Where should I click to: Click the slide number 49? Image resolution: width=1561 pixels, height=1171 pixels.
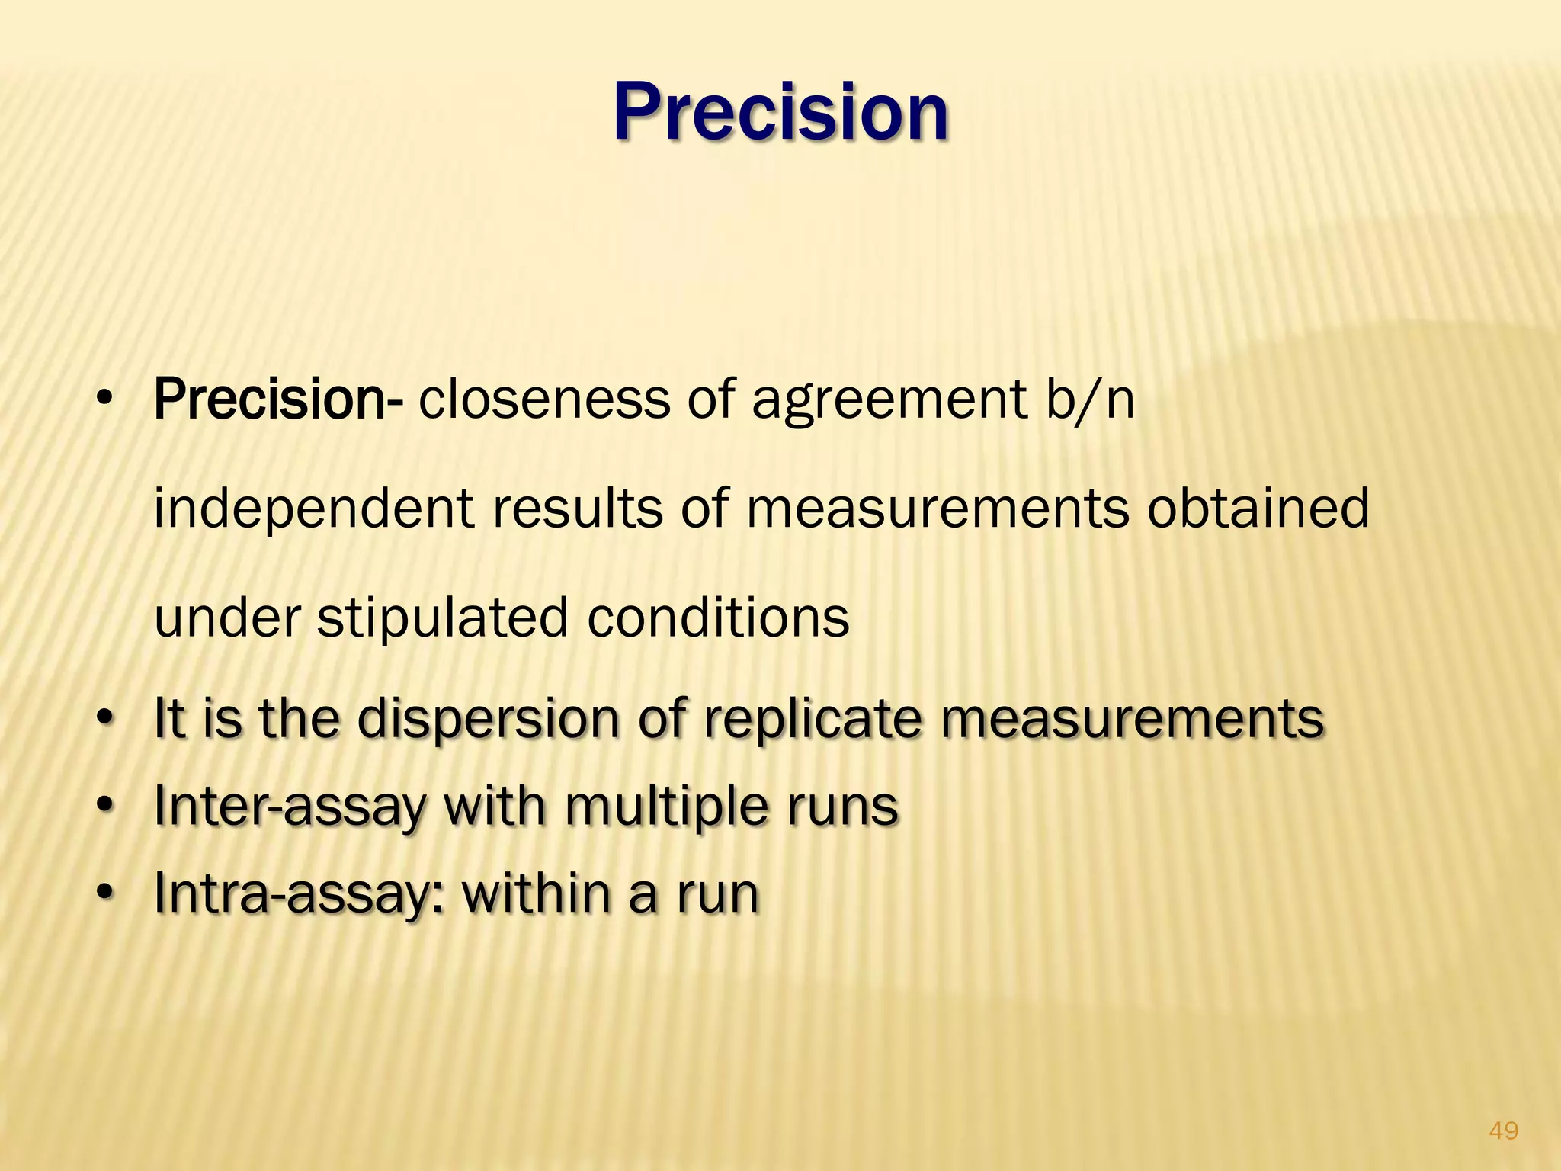click(x=1503, y=1131)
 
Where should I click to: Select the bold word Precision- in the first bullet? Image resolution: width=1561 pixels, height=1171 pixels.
click(x=279, y=399)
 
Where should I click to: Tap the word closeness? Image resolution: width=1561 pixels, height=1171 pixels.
click(x=543, y=399)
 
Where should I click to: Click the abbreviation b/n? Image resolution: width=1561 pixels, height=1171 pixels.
click(x=1090, y=399)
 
